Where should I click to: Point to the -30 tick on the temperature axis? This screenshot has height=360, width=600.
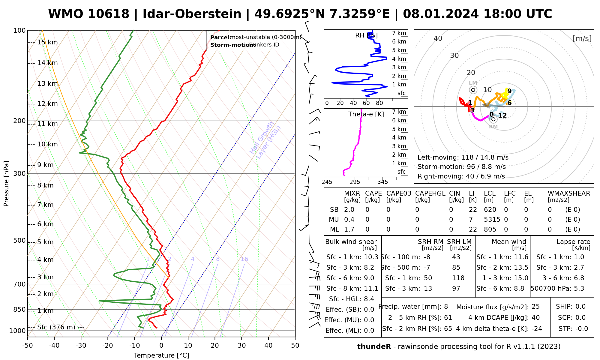coord(81,346)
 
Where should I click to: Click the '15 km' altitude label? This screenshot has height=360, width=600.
coord(47,42)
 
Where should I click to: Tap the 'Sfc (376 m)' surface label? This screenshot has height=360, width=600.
coord(56,327)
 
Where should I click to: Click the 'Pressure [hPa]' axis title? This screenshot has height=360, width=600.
coord(6,184)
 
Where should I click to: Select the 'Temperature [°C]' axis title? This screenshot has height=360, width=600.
coord(161,355)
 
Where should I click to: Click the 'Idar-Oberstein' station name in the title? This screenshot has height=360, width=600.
coord(192,14)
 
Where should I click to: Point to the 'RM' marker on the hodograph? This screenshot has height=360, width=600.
coord(493,119)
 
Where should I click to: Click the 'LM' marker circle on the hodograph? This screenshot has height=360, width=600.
coord(473,90)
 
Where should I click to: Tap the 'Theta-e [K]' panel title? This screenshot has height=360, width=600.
coord(366,114)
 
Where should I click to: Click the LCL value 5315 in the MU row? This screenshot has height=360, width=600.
coord(492,220)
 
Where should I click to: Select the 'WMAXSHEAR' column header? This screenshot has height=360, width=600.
coord(569,193)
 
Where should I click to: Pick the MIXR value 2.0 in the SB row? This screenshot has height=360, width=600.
coord(349,210)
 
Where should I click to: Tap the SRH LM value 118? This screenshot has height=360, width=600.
coord(456,278)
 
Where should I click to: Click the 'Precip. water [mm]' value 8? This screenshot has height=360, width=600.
coord(446,307)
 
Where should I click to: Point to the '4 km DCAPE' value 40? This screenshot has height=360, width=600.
coord(535,318)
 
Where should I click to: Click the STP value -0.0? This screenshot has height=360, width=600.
coord(582,329)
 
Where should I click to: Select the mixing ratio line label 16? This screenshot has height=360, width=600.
coord(244,259)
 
